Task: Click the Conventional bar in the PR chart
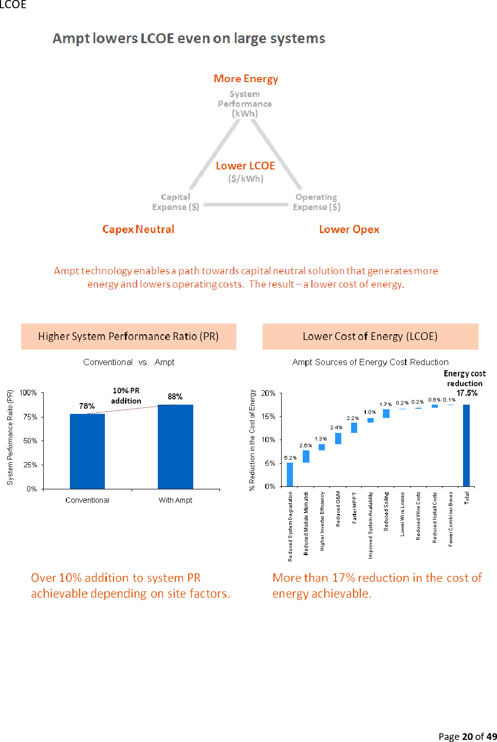pyautogui.click(x=87, y=451)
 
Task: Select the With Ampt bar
pyautogui.click(x=175, y=446)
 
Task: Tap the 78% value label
pyautogui.click(x=87, y=406)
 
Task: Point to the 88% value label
pyautogui.click(x=175, y=396)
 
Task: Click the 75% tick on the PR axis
pyautogui.click(x=30, y=417)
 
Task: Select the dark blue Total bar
pyautogui.click(x=466, y=445)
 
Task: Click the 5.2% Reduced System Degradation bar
pyautogui.click(x=290, y=474)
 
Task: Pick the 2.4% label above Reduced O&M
pyautogui.click(x=336, y=427)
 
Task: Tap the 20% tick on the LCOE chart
pyautogui.click(x=268, y=393)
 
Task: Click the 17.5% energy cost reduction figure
pyautogui.click(x=467, y=393)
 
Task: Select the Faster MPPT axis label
pyautogui.click(x=354, y=507)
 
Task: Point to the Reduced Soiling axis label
pyautogui.click(x=386, y=511)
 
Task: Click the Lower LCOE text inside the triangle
pyautogui.click(x=245, y=166)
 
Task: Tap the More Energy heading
pyautogui.click(x=246, y=79)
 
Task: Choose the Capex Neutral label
pyautogui.click(x=138, y=229)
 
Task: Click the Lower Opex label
pyautogui.click(x=349, y=229)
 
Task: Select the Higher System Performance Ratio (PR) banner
pyautogui.click(x=128, y=336)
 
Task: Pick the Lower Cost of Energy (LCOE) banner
pyautogui.click(x=370, y=336)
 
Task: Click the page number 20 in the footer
pyautogui.click(x=467, y=736)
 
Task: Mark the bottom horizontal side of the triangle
pyautogui.click(x=246, y=204)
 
